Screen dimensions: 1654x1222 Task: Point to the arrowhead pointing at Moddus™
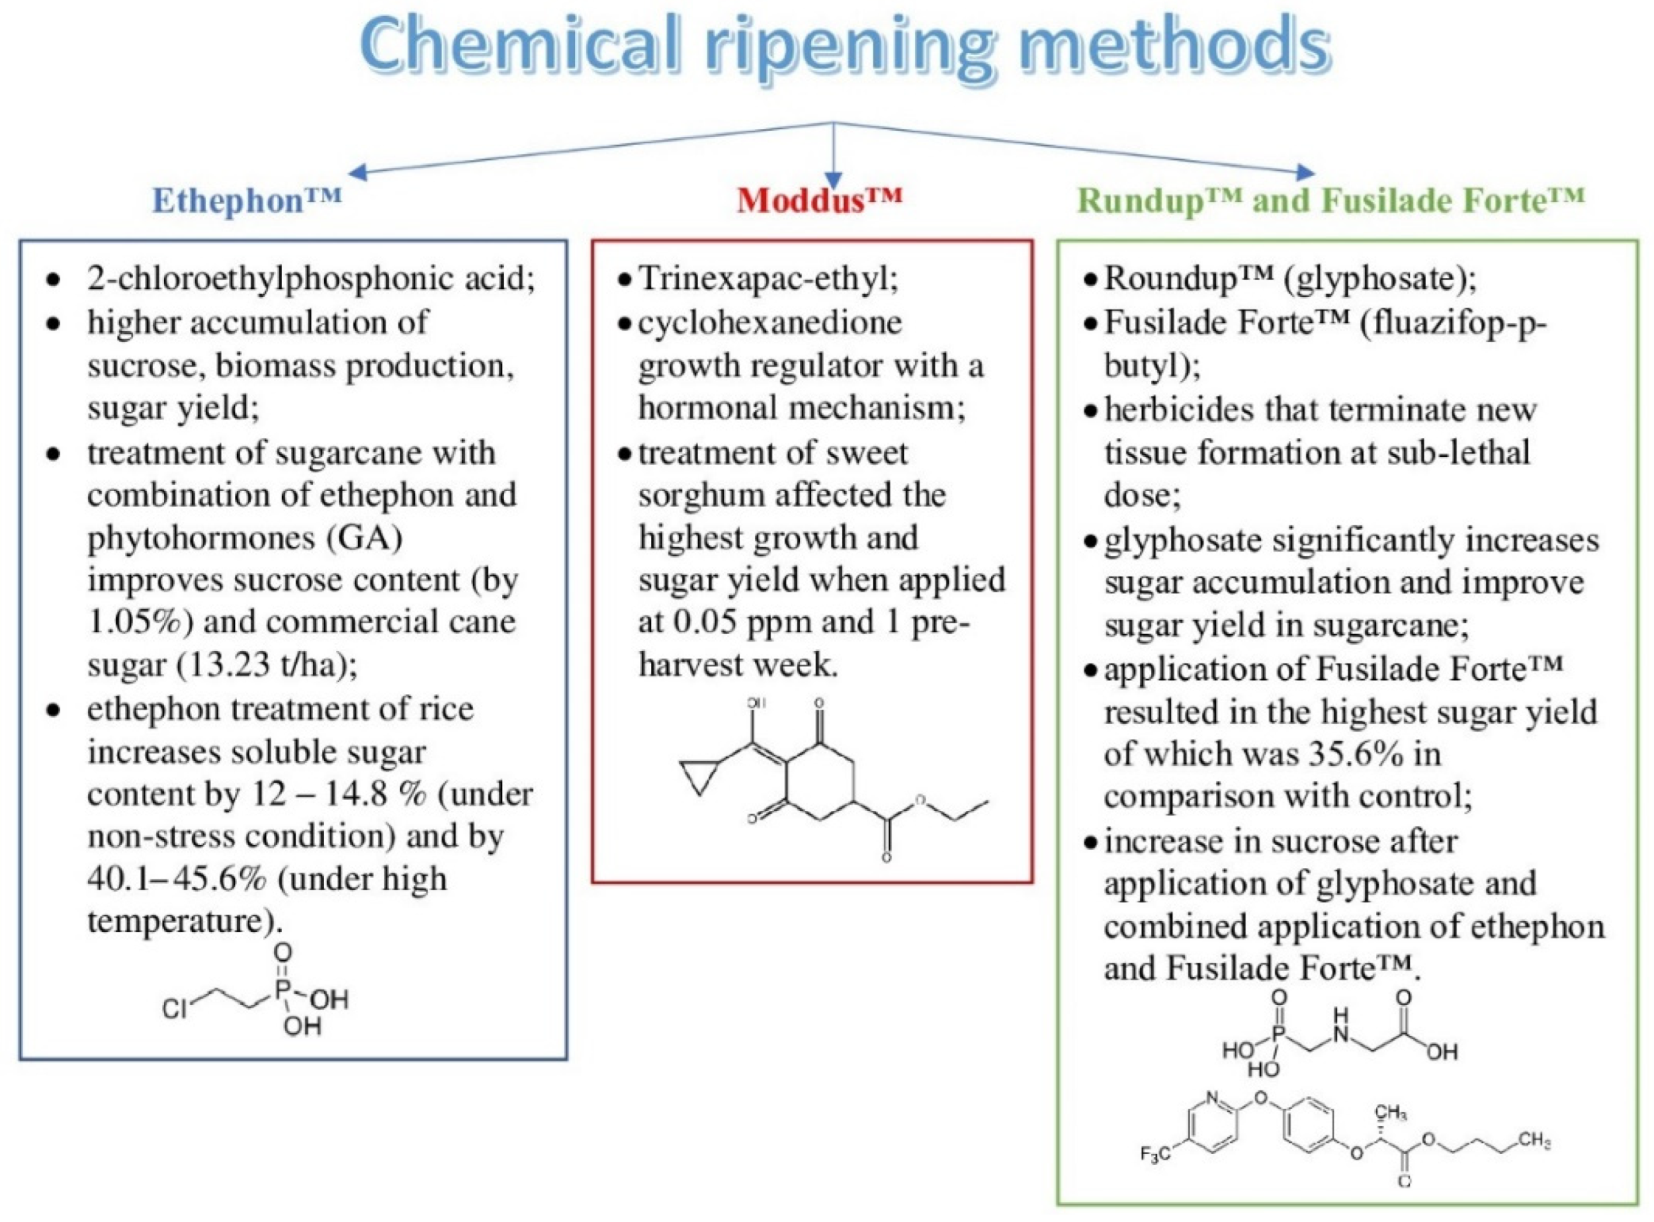tap(834, 181)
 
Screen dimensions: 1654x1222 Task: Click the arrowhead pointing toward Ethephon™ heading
tap(357, 173)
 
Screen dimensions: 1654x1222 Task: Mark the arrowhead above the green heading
tap(1305, 173)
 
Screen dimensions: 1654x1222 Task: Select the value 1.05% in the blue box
tap(133, 621)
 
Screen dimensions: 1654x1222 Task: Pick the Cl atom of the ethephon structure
tap(175, 1008)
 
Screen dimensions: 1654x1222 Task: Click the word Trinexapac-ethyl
tap(769, 279)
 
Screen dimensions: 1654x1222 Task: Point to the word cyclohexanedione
tap(770, 322)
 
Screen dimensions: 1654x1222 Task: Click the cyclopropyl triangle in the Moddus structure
tap(699, 776)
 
